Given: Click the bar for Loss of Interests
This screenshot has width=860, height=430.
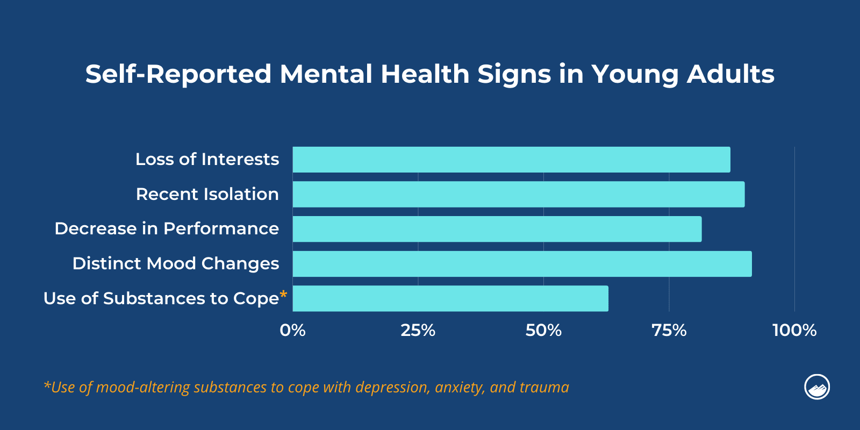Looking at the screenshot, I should pos(511,160).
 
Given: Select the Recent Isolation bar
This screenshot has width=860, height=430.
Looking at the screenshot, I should pos(518,194).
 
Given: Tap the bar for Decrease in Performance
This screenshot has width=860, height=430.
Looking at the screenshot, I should pos(497,229).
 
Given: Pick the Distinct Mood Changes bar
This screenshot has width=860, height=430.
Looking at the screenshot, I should pos(521,264).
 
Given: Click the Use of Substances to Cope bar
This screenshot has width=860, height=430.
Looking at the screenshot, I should pos(450,298).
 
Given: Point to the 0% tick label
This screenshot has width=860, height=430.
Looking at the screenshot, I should pos(292,330).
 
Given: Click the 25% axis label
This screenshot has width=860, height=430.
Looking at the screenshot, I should pos(418,330).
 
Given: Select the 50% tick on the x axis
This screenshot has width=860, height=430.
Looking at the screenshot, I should pos(543,330).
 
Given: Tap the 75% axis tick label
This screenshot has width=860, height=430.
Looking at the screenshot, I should pos(669,330).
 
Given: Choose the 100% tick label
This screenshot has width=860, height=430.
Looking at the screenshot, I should pos(794,330).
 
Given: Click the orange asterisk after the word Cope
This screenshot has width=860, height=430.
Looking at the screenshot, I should pos(283,295).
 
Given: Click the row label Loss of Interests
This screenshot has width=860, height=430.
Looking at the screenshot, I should pos(207,160).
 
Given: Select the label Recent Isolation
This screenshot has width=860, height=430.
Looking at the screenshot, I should pos(207,194).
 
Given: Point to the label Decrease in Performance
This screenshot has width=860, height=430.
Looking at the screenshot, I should pos(167,229).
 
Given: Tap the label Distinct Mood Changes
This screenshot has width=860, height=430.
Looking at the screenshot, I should pos(176,264).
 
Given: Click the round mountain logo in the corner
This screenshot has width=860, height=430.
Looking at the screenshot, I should pos(816,387).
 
